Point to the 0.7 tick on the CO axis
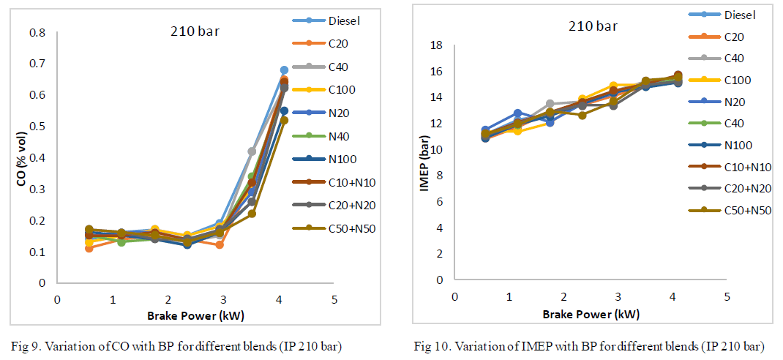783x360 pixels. click(37, 64)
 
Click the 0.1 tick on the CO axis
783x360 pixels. click(37, 252)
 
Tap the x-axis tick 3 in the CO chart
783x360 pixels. click(222, 300)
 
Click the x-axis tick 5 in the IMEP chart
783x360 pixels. click(727, 296)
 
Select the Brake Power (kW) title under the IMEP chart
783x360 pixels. click(591, 314)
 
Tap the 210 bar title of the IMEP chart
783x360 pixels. click(593, 27)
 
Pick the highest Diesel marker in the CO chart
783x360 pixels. click(284, 70)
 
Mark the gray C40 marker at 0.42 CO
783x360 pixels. click(252, 151)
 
